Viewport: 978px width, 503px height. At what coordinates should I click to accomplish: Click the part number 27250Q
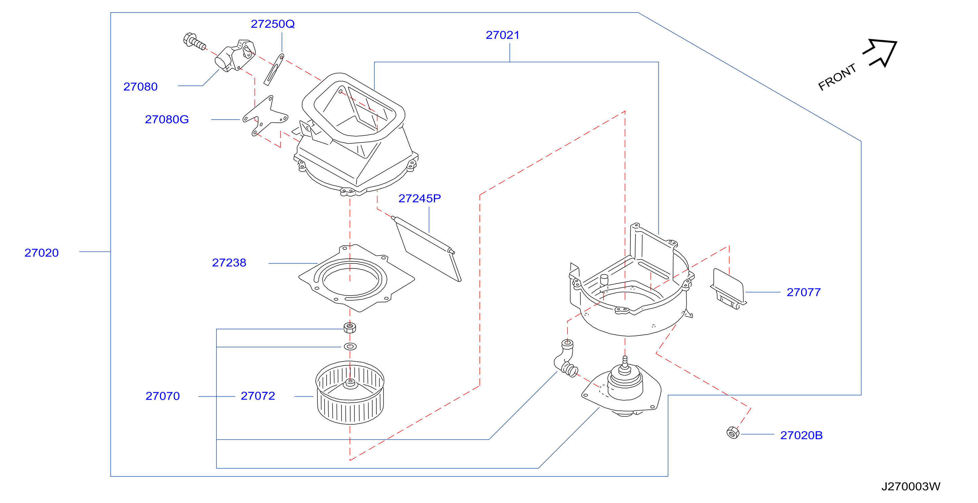pos(273,24)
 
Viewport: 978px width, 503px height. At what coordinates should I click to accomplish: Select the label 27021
pos(502,35)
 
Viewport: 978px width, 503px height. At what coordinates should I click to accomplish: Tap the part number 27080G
pos(167,119)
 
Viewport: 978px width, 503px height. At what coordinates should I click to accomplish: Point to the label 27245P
pos(419,198)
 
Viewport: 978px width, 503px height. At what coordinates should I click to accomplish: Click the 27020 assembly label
pos(41,253)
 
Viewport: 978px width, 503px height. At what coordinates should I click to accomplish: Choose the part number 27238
pos(229,263)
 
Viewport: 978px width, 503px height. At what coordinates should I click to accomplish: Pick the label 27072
pos(258,396)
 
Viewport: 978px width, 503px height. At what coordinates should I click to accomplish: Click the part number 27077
pos(803,292)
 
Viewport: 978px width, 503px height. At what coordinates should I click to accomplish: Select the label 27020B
pos(801,435)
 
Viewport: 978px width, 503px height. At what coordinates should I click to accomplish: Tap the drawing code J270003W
pos(911,486)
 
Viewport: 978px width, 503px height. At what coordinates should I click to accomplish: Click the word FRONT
pos(837,77)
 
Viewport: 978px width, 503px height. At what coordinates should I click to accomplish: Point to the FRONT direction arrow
pos(880,53)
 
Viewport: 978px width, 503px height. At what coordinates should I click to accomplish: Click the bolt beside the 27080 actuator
pos(194,41)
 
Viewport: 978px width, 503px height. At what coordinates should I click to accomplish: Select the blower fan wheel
pos(350,392)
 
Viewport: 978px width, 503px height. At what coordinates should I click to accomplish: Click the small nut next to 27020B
pos(733,432)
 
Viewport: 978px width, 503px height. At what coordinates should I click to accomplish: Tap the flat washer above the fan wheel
pos(350,346)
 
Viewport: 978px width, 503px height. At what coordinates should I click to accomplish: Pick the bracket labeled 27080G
pos(265,116)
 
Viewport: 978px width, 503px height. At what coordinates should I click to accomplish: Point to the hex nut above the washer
pos(350,327)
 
